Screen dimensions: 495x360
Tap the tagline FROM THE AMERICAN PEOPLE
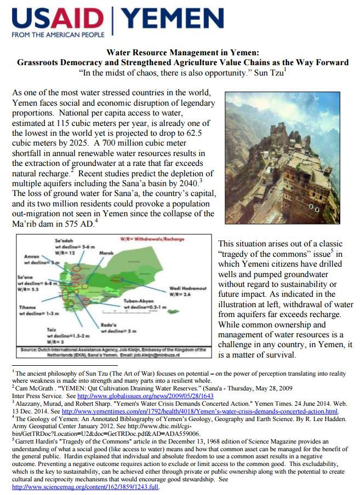tap(58, 35)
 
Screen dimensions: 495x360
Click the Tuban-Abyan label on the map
tap(136, 301)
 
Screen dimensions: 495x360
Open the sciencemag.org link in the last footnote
tap(85, 487)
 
